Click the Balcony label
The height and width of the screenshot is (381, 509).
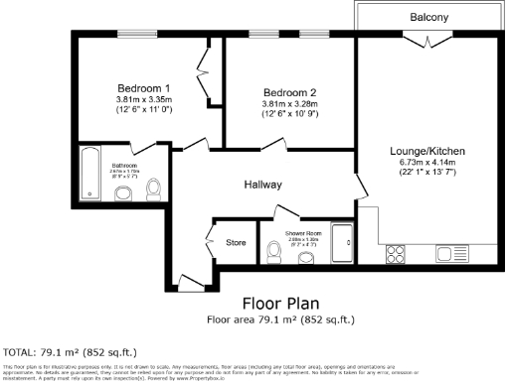(x=428, y=18)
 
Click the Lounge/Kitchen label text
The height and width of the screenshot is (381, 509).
(x=427, y=151)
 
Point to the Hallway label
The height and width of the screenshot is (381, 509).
(x=263, y=185)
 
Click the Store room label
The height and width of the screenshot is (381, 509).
(x=236, y=241)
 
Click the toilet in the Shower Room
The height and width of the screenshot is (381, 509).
(x=279, y=256)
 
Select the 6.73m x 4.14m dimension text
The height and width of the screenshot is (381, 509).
(x=427, y=162)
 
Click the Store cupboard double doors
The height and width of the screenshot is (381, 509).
(x=209, y=241)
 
